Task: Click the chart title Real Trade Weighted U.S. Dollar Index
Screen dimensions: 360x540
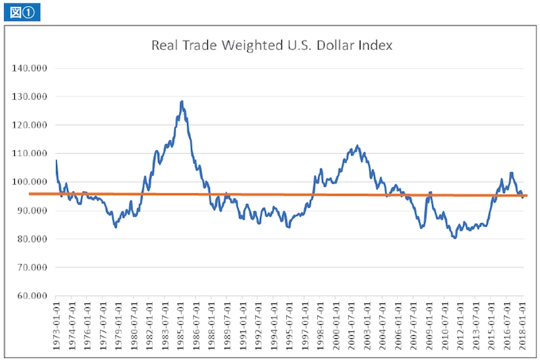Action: (x=271, y=46)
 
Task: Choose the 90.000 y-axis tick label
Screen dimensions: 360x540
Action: (x=33, y=211)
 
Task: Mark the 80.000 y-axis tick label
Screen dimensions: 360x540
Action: (x=33, y=239)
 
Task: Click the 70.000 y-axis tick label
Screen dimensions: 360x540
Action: (x=33, y=267)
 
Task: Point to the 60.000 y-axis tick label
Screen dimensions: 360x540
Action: (x=33, y=296)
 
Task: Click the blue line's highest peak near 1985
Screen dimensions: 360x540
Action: (x=182, y=101)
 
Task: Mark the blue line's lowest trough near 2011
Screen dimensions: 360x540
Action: (x=455, y=238)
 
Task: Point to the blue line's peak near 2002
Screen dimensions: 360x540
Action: (x=357, y=145)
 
